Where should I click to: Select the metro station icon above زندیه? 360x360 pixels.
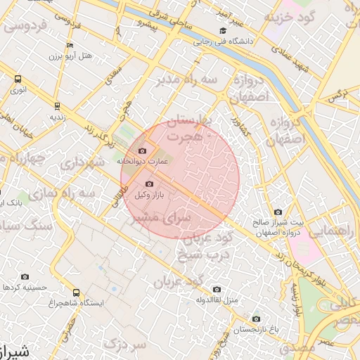tap(58, 106)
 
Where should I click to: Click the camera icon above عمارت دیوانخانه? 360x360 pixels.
tap(143, 150)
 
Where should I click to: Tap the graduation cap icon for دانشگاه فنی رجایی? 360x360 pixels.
tap(223, 31)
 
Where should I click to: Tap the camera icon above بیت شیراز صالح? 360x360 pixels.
tap(278, 212)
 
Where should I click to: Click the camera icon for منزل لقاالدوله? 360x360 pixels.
tap(216, 289)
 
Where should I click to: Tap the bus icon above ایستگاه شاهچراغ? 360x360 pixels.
tap(76, 292)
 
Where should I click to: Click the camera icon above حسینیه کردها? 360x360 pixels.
tap(25, 277)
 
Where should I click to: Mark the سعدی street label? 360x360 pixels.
tap(112, 78)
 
